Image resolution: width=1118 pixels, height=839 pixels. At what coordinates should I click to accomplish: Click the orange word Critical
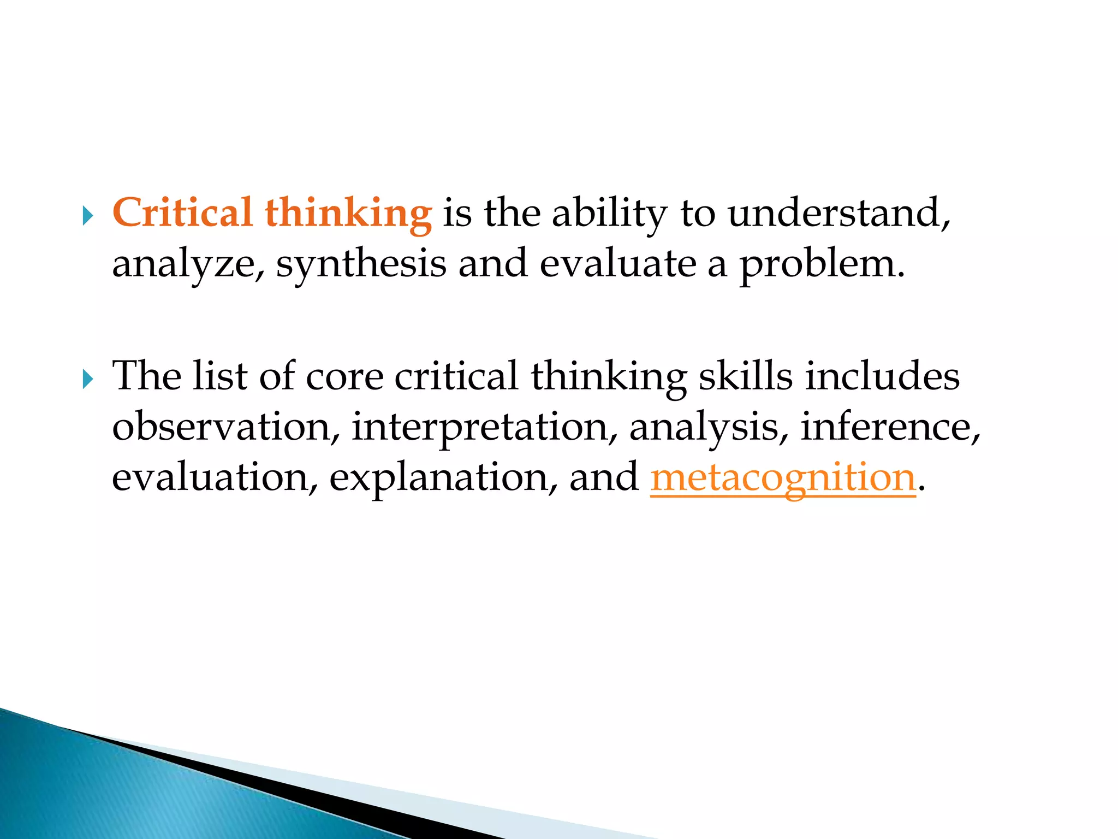[x=182, y=212]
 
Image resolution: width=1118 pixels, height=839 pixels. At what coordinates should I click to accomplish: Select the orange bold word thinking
[x=348, y=214]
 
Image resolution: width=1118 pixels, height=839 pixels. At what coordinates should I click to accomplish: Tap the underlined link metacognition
[x=782, y=477]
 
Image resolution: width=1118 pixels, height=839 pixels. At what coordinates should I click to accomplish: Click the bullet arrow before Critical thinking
[x=87, y=216]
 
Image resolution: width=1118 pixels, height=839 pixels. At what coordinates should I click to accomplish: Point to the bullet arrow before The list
[x=87, y=379]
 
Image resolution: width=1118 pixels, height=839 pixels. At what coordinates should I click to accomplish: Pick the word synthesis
[x=361, y=264]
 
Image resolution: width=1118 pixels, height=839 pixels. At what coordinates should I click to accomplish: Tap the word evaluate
[x=618, y=263]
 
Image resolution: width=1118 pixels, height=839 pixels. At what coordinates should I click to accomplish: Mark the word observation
[x=221, y=426]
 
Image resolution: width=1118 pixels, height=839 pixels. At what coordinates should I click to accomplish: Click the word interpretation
[x=479, y=427]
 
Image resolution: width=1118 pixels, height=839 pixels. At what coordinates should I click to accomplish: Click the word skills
[x=745, y=376]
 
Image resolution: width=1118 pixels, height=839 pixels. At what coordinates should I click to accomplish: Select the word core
[x=344, y=377]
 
